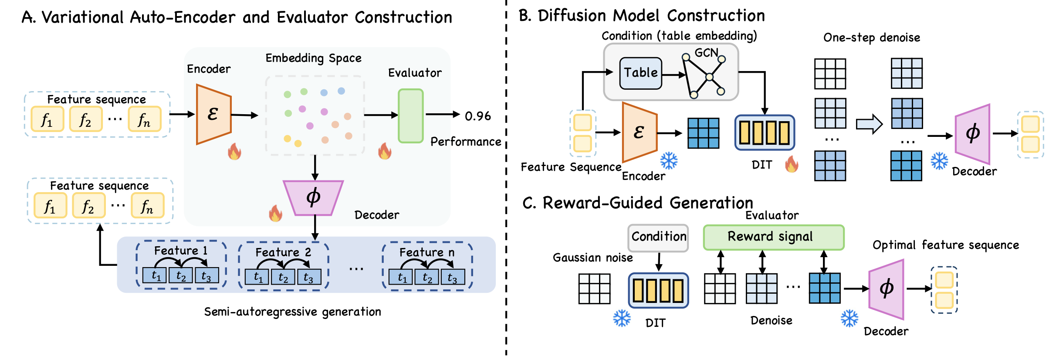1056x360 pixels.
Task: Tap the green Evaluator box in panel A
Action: pos(410,116)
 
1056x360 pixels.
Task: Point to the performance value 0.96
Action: pos(477,116)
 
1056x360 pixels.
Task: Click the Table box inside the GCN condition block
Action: pos(640,73)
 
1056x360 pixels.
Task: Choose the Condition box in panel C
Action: pos(658,237)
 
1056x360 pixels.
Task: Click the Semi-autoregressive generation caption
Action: pos(292,312)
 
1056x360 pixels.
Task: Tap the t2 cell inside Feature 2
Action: pos(283,277)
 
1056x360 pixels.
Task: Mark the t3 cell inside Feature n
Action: pos(453,277)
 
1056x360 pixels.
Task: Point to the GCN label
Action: pos(706,53)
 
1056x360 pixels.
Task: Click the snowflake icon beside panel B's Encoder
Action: pos(669,161)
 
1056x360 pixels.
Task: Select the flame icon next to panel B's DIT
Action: pos(792,165)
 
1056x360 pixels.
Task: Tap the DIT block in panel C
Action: pos(658,291)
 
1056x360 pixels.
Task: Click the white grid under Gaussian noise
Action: pos(594,289)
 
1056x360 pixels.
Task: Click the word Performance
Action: pos(465,142)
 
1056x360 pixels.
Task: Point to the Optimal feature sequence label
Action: pos(945,245)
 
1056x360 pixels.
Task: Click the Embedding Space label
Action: pos(313,58)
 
